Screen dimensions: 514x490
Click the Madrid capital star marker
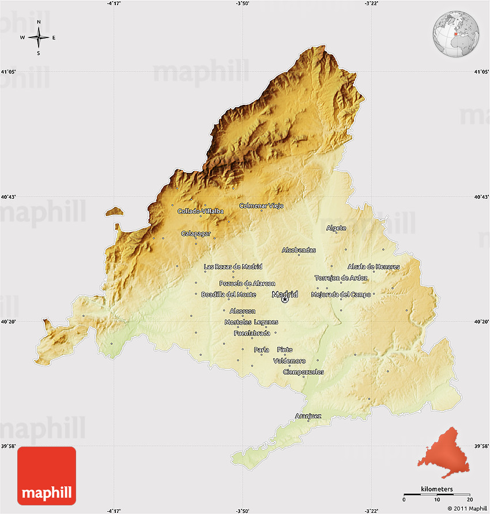click(x=284, y=300)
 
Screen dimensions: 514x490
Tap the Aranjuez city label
click(x=308, y=415)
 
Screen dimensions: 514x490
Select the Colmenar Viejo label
click(x=261, y=205)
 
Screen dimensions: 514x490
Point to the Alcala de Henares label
click(x=373, y=266)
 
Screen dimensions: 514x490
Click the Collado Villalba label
click(x=200, y=211)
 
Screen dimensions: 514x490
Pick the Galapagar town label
click(x=196, y=233)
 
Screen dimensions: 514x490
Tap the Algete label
click(x=336, y=228)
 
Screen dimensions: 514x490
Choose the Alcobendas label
click(x=299, y=250)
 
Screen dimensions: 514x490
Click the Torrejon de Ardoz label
click(x=341, y=278)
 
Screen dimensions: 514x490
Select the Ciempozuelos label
click(x=303, y=372)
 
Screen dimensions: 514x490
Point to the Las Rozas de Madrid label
click(x=233, y=266)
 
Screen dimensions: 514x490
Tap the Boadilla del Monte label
click(x=228, y=294)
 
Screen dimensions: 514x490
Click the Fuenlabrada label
click(x=252, y=333)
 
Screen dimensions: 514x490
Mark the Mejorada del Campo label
click(x=341, y=294)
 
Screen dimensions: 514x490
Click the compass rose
click(x=39, y=37)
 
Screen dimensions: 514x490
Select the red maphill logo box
click(x=47, y=475)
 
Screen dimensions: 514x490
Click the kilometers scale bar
click(x=436, y=494)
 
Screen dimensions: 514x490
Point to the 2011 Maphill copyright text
click(x=467, y=508)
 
